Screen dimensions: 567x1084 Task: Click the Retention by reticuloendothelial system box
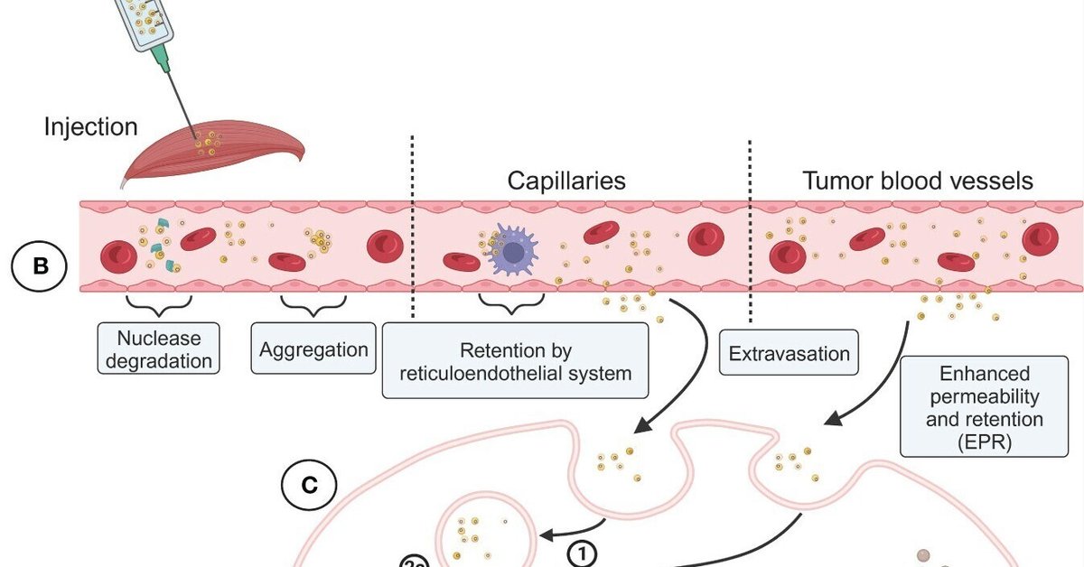516,361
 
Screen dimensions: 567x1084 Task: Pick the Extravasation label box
789,353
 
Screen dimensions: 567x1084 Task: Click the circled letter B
40,267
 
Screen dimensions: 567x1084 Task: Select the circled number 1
584,549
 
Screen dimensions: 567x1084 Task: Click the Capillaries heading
567,181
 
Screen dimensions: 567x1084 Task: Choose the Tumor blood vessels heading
918,181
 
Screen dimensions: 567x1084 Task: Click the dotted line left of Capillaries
413,226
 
